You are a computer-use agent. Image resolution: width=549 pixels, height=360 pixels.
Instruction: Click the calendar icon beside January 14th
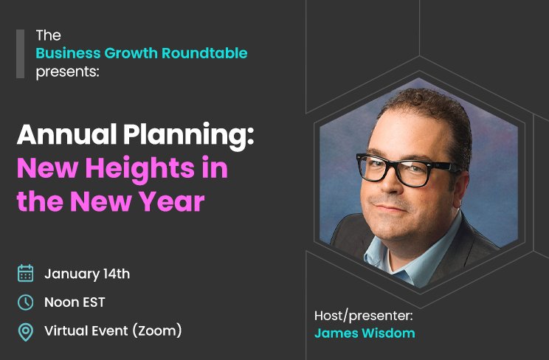click(x=25, y=274)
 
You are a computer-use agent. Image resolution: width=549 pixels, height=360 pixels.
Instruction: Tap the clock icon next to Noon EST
click(x=25, y=302)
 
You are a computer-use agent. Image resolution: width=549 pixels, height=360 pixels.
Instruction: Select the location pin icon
click(x=25, y=331)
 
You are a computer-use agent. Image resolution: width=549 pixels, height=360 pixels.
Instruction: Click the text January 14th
click(x=87, y=274)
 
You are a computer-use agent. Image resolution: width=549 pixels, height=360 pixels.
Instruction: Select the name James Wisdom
click(x=365, y=333)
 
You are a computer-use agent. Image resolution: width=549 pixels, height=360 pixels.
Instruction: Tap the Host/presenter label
click(x=364, y=315)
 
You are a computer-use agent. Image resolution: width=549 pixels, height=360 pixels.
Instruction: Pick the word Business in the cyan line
click(x=64, y=53)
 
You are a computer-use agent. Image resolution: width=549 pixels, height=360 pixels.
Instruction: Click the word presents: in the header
click(x=67, y=72)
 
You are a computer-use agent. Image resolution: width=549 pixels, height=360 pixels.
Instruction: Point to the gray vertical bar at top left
click(x=21, y=53)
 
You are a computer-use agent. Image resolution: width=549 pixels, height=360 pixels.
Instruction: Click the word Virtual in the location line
click(x=65, y=330)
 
